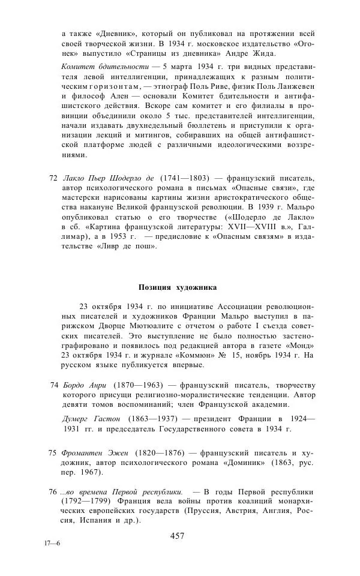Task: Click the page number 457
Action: (x=177, y=536)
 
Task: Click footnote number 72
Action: (x=52, y=178)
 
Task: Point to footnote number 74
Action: (x=54, y=385)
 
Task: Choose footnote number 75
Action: (x=52, y=452)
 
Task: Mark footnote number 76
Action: (x=52, y=492)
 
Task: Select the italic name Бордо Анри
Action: (x=85, y=385)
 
